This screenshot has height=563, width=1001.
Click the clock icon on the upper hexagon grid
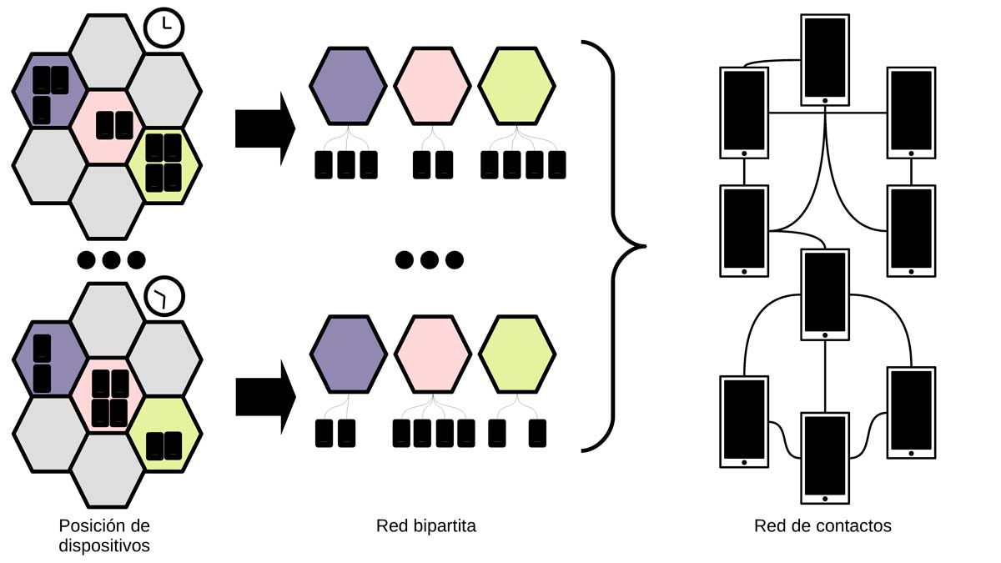pos(164,28)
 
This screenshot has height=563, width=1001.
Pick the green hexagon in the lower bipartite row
pos(516,354)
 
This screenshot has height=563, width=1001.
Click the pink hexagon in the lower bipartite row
pos(432,354)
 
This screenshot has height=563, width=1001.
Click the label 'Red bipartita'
pos(425,526)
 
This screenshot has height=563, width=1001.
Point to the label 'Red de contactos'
pos(822,526)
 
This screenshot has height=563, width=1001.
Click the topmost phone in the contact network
pos(824,59)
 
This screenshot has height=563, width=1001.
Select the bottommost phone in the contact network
pos(824,458)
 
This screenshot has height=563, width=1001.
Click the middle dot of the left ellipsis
pos(111,259)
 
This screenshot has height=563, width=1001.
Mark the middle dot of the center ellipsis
pos(429,259)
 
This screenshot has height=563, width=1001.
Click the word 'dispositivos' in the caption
pos(104,546)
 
